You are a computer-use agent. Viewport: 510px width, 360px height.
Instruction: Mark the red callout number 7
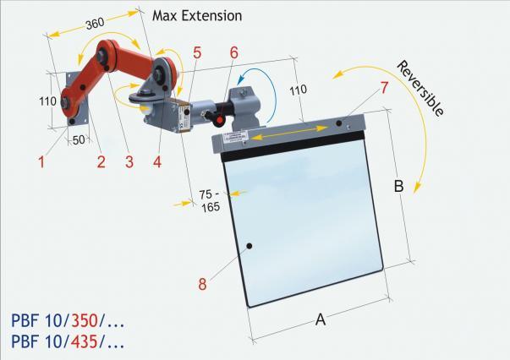(384, 87)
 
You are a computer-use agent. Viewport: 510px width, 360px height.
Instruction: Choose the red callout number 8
(202, 284)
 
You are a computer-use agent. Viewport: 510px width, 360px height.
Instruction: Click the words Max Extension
(197, 15)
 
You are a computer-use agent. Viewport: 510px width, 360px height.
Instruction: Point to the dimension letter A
(321, 319)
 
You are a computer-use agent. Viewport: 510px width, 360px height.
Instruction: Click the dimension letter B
(398, 186)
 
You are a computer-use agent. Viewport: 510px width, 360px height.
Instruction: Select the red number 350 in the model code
(84, 320)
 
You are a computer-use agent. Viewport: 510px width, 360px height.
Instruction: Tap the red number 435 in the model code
(84, 343)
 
